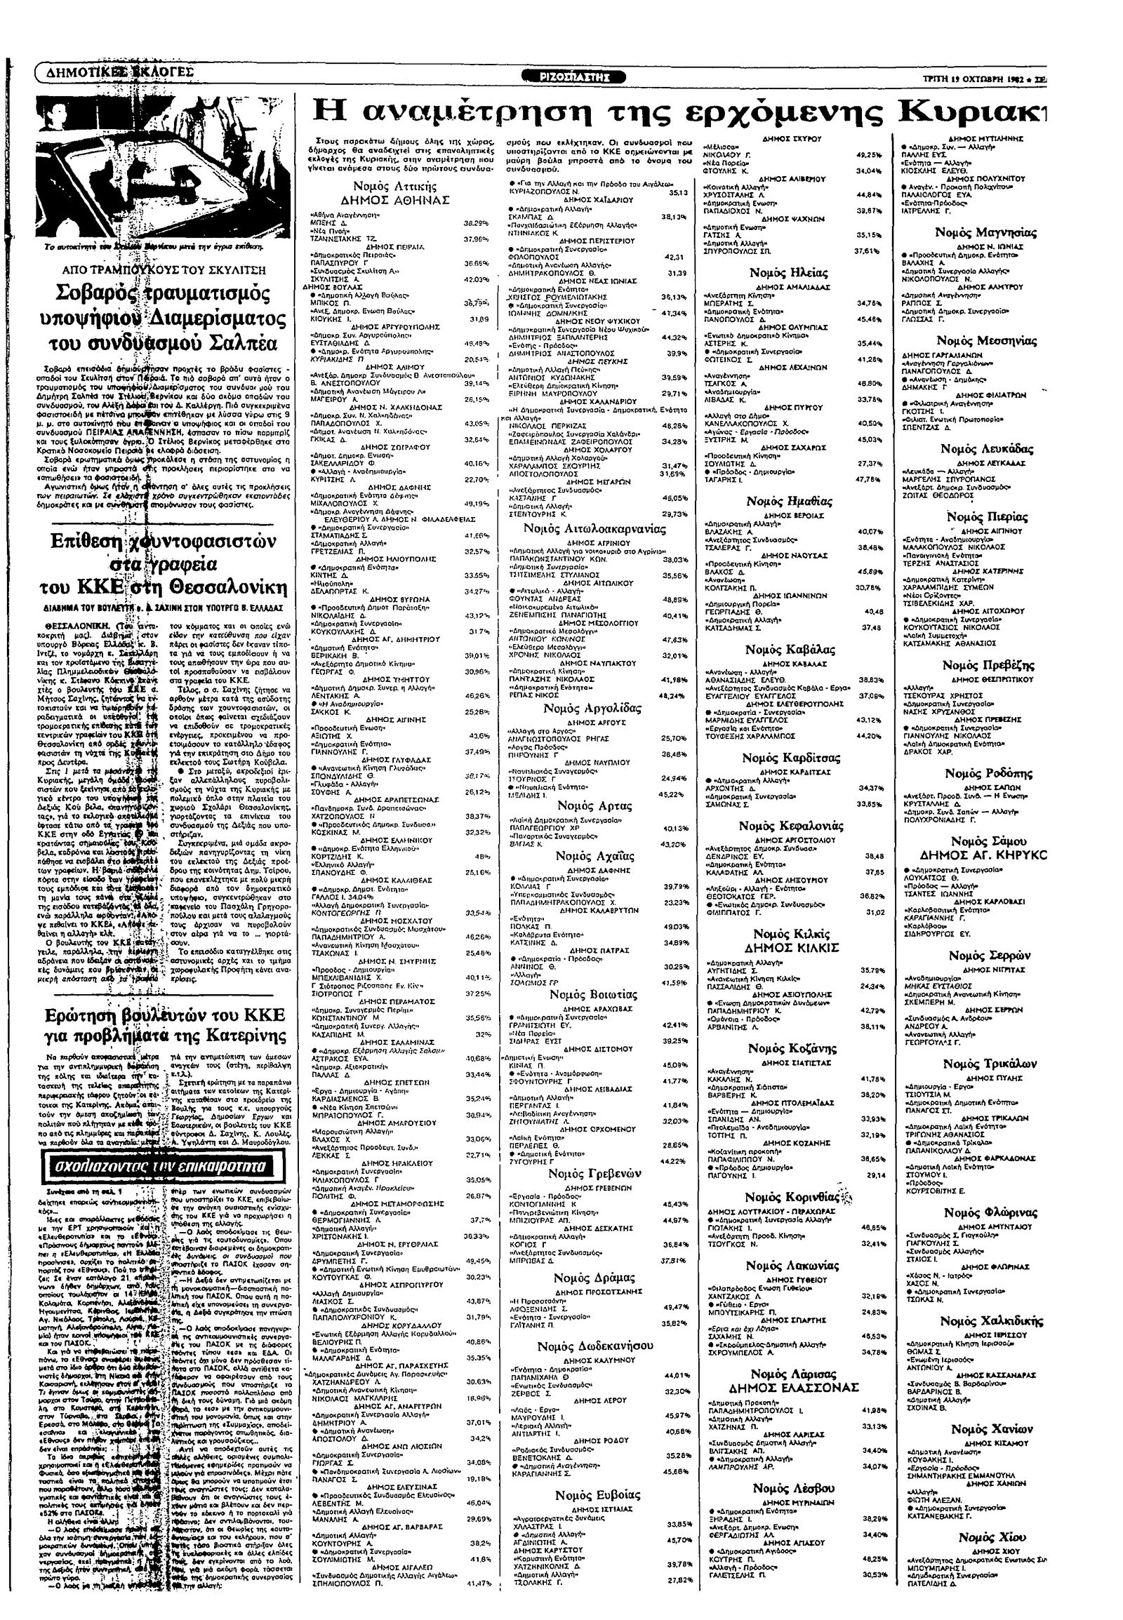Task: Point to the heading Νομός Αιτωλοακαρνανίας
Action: point(595,529)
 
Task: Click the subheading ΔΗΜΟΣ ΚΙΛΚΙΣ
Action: point(797,948)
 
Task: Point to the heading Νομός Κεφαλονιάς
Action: point(791,826)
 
